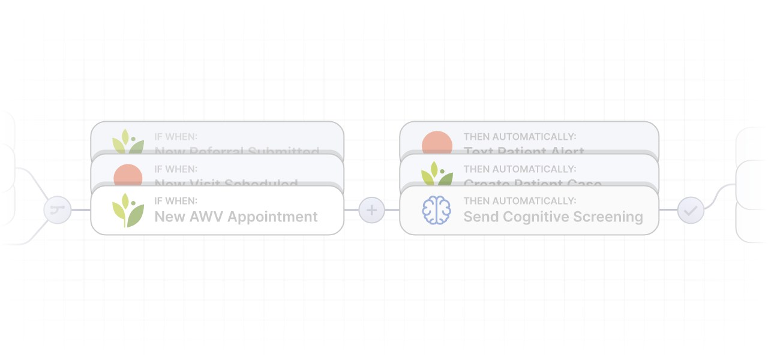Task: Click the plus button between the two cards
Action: [371, 211]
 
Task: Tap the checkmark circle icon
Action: [691, 211]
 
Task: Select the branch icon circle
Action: [58, 211]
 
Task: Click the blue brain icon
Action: [436, 211]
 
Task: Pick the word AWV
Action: [206, 217]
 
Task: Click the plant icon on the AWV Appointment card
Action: [128, 211]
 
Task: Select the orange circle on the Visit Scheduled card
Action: [128, 177]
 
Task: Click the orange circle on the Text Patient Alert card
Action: [437, 144]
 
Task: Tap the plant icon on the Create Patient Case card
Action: [437, 175]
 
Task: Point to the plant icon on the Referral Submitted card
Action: [128, 142]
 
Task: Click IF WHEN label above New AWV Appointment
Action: [176, 201]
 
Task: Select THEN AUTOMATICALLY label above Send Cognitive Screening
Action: [520, 201]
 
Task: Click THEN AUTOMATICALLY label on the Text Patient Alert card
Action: [520, 137]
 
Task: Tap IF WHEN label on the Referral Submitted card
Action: [176, 137]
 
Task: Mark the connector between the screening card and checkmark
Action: [668, 210]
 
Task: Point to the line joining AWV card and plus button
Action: [352, 210]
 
